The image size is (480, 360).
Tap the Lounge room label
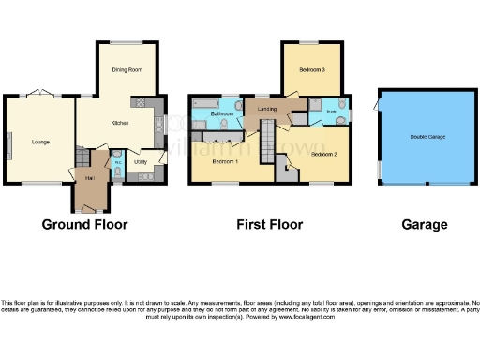39,142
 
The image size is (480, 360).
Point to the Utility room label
140,162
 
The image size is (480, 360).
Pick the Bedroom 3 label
312,70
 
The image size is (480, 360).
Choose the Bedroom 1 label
224,161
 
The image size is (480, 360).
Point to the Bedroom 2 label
323,153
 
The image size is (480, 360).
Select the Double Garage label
427,137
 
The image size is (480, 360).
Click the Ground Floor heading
84,225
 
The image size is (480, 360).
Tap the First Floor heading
269,225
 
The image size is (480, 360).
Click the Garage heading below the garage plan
424,225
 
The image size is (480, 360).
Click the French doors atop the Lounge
38,93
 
